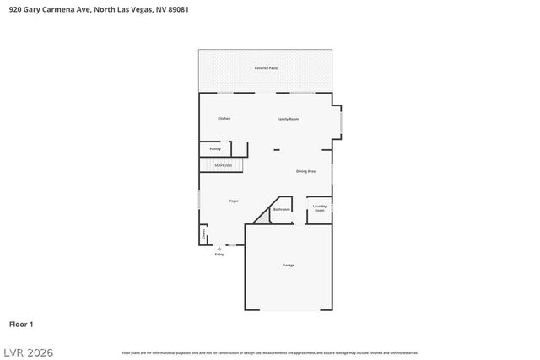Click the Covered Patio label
[x=266, y=67]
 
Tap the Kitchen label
[x=224, y=118]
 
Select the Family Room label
[x=288, y=119]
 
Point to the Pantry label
[x=215, y=148]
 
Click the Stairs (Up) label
[x=223, y=165]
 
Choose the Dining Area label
[x=305, y=171]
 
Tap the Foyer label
[x=234, y=201]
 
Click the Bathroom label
[x=282, y=209]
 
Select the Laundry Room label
[x=319, y=207]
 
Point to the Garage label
[x=288, y=265]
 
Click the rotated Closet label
[x=203, y=234]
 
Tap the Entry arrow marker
[x=219, y=249]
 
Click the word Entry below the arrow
[x=219, y=255]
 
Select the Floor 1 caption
[x=21, y=324]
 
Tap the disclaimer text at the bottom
[x=270, y=352]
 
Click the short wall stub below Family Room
[x=276, y=151]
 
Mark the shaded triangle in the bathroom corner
[x=265, y=217]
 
